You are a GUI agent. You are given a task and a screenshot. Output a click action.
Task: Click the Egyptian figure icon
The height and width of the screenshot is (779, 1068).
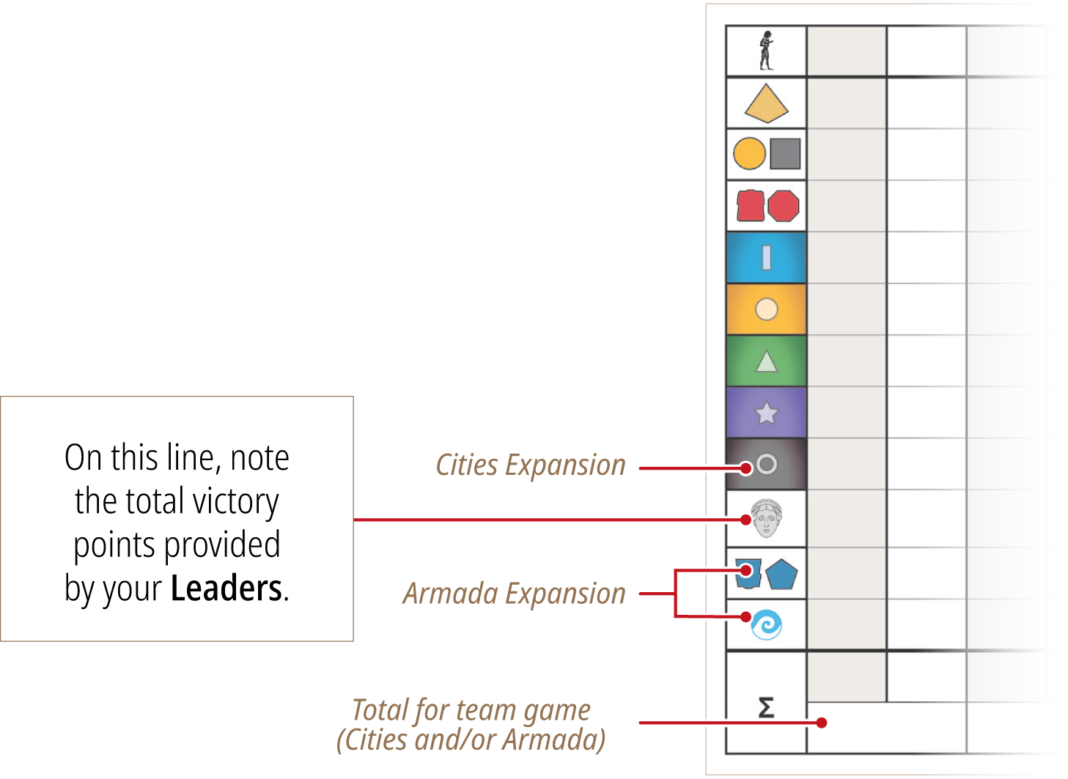pos(766,51)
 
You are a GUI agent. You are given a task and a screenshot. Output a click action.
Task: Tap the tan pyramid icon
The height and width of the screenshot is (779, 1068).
pos(766,103)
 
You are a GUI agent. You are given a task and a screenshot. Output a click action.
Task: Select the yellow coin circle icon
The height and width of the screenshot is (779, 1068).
pos(749,153)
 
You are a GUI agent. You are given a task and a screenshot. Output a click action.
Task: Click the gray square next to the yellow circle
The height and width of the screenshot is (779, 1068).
pos(785,154)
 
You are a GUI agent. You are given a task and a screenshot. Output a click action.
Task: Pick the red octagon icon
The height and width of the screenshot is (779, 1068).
pos(784,206)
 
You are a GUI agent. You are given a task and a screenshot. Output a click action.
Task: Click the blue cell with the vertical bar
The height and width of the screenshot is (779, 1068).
pos(766,258)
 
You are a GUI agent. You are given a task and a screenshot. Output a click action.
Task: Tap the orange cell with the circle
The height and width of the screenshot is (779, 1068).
pos(766,309)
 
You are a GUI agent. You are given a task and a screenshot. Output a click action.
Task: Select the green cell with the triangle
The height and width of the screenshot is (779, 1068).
pos(766,361)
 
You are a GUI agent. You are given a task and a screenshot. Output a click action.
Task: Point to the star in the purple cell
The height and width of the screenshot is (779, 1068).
pos(767,413)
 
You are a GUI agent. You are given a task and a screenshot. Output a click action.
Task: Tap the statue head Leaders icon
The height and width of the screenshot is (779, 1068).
pos(767,519)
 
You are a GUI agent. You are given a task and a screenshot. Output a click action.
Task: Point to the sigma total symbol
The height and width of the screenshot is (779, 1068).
pos(766,707)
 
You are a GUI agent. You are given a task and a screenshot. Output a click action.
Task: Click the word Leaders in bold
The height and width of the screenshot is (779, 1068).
pos(227,588)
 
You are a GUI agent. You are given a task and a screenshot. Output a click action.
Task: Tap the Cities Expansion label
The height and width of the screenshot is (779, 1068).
pos(531,465)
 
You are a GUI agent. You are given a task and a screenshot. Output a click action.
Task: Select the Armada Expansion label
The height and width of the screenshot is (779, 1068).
pos(514,594)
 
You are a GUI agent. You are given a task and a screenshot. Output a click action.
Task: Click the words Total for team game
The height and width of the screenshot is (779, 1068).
pos(471,710)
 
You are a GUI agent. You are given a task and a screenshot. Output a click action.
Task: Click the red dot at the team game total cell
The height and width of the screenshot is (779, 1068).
pos(821,723)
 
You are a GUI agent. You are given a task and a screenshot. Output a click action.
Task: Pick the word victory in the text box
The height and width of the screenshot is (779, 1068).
pos(235,503)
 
